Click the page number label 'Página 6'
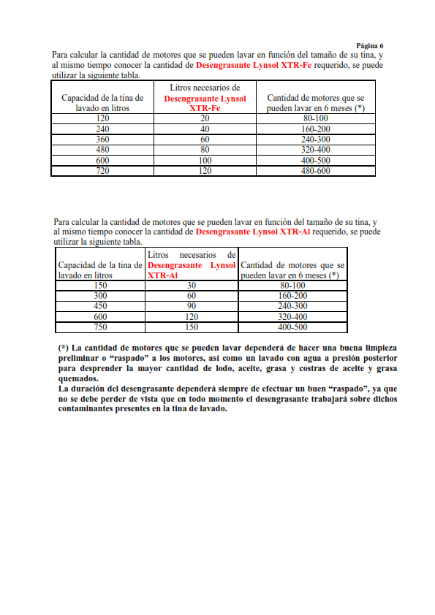[x=369, y=45]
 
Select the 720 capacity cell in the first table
[x=102, y=171]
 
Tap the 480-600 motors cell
[x=315, y=171]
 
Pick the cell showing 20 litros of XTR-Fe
[x=205, y=118]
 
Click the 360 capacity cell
[x=102, y=140]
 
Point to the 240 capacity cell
[x=102, y=129]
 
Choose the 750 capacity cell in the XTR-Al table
[x=101, y=328]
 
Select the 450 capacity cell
[x=101, y=307]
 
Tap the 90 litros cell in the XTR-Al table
[x=192, y=307]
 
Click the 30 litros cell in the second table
[x=192, y=286]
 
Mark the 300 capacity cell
[x=101, y=296]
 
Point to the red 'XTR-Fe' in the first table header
[x=205, y=107]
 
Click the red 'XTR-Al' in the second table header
[x=162, y=275]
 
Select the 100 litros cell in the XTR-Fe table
[x=205, y=161]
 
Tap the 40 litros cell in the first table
[x=205, y=129]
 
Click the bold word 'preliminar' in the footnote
[x=81, y=359]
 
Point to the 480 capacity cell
[x=102, y=150]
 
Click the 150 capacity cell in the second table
[x=101, y=286]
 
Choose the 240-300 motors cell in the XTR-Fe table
[x=315, y=140]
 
